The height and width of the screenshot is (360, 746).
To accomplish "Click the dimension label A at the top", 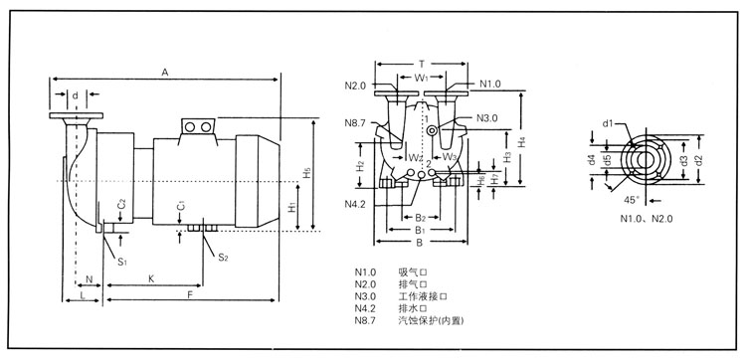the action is coord(165,73).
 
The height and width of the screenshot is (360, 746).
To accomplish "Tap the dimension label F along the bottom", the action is coord(189,294).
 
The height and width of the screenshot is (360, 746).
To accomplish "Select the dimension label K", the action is coord(151,279).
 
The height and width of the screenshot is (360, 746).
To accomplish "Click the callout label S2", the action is coord(223,258).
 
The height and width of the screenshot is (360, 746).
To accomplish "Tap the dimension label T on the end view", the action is coord(421,64).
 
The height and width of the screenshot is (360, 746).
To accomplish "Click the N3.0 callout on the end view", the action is coord(486,118).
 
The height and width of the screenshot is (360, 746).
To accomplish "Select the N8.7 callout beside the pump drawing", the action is coord(355,122).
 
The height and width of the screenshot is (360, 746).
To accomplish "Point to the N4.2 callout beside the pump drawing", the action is coord(355,205).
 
